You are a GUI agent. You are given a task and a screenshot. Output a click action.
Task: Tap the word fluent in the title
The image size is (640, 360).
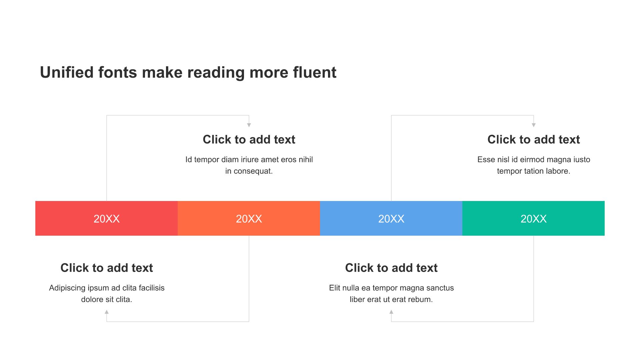(315, 72)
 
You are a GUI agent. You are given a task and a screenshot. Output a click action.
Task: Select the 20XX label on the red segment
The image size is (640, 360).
(107, 219)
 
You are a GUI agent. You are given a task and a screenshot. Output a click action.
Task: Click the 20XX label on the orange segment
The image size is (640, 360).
(249, 219)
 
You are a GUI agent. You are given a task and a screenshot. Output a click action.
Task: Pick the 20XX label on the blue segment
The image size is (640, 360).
(391, 219)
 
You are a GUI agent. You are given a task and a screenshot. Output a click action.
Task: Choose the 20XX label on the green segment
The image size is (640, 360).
(534, 219)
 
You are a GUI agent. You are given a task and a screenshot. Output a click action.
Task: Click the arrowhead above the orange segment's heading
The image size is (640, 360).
(249, 125)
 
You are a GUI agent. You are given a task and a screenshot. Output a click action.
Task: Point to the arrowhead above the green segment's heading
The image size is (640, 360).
(534, 125)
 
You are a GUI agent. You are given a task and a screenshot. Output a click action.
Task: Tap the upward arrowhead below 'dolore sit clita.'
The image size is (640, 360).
(107, 312)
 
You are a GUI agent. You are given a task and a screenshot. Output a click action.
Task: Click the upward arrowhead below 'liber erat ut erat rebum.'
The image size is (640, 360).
(391, 312)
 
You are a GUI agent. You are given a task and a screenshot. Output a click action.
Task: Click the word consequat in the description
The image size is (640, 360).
(252, 171)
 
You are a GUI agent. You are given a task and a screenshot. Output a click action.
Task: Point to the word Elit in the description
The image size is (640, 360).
(335, 288)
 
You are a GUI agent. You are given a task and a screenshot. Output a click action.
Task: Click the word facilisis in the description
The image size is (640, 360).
(152, 288)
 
